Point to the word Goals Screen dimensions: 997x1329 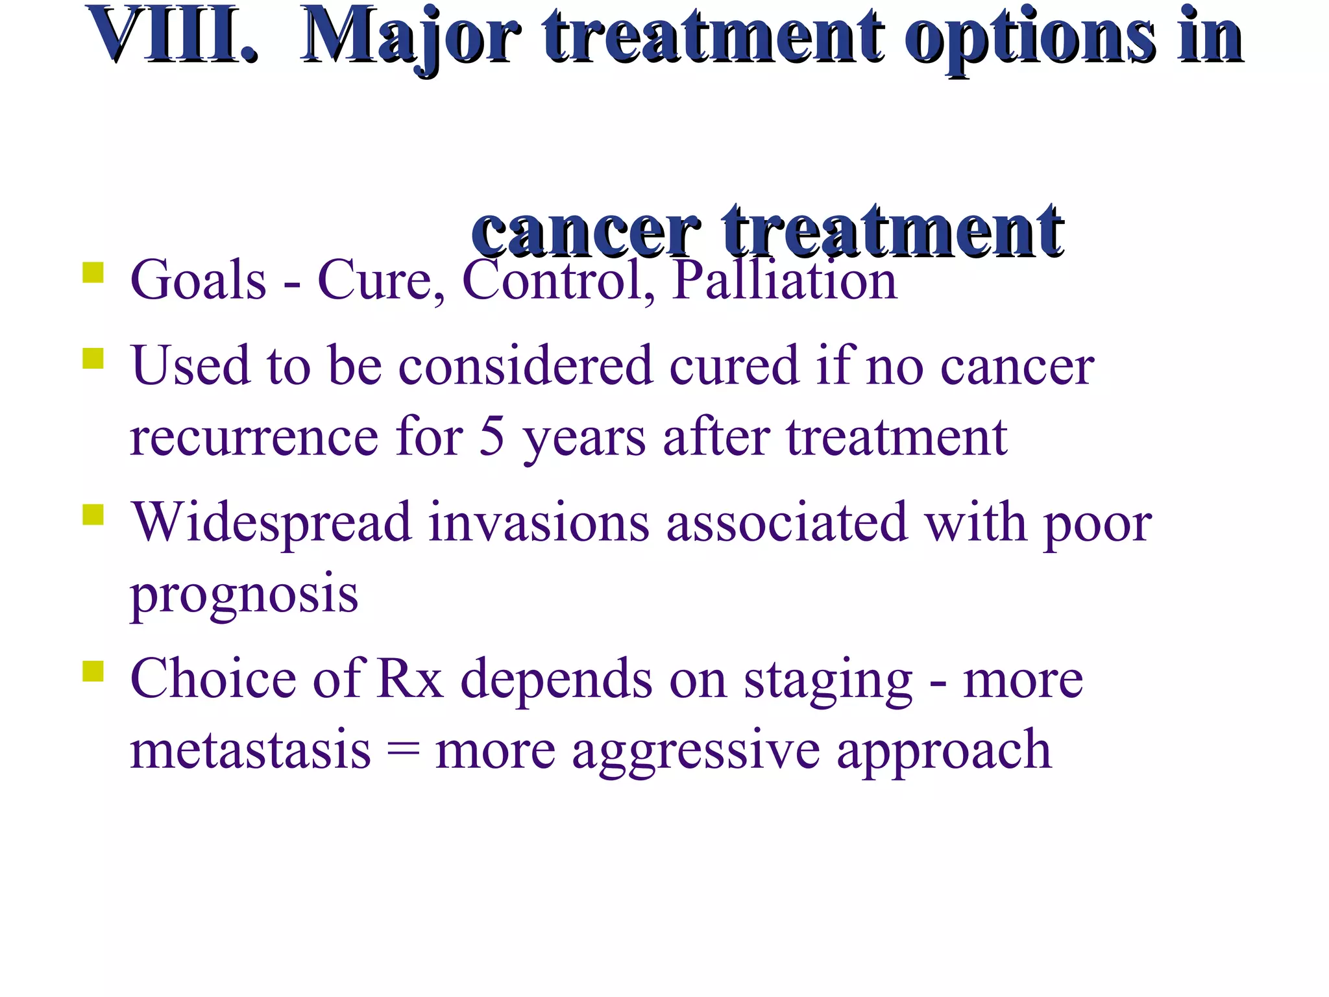point(199,280)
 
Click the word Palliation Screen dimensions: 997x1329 point(784,280)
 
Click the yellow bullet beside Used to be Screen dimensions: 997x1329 point(93,358)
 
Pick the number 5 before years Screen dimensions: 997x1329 point(491,436)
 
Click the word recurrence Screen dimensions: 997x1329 point(254,437)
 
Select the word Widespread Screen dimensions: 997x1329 point(272,523)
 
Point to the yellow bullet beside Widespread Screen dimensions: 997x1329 point(93,515)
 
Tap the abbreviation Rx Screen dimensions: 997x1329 point(410,679)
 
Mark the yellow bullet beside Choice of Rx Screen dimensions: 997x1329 point(93,671)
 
